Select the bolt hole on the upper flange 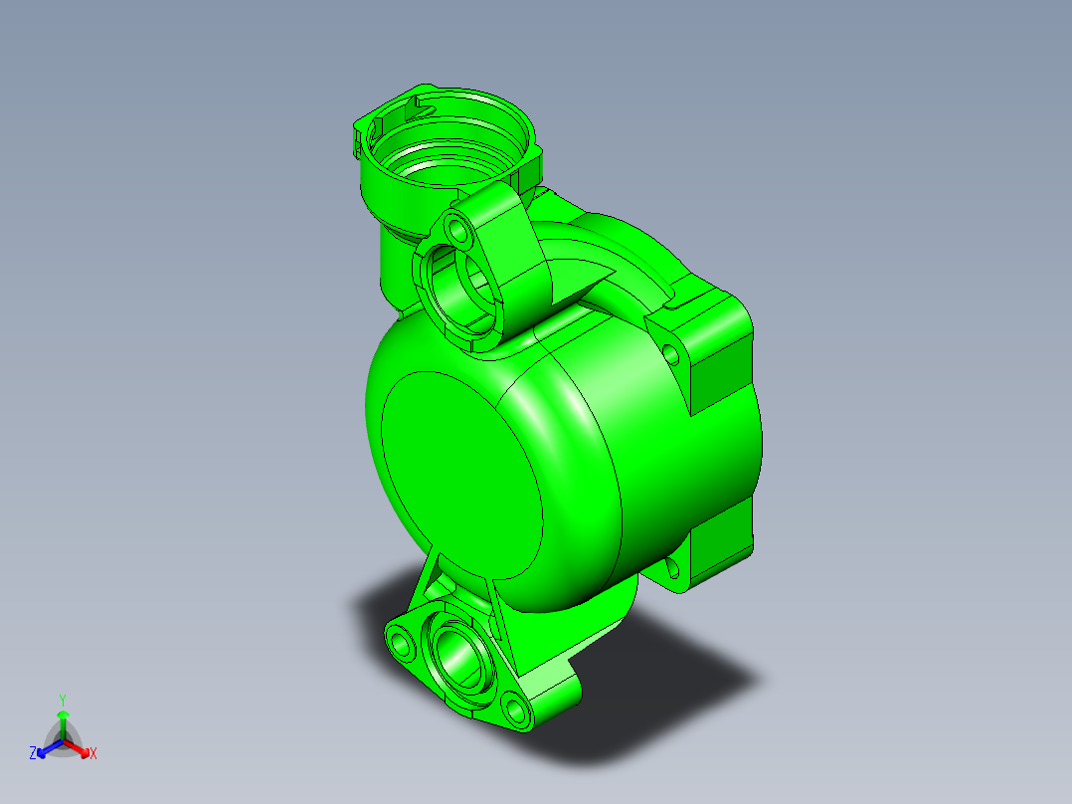[458, 231]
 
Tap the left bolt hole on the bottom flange [402, 642]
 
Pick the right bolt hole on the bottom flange [514, 709]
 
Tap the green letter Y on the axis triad [63, 700]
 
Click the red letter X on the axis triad [93, 754]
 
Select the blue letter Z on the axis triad [33, 754]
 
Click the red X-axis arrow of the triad [79, 748]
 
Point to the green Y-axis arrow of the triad [63, 720]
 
